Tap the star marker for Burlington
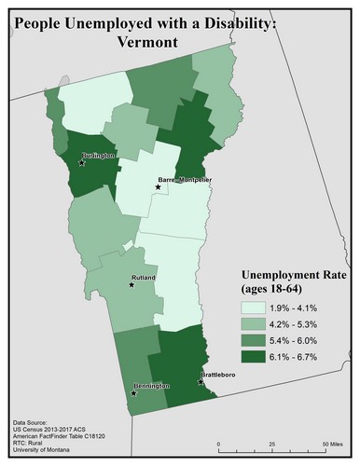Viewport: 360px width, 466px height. click(x=83, y=163)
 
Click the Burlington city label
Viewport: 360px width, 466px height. click(x=98, y=156)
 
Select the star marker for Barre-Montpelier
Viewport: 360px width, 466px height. click(x=158, y=187)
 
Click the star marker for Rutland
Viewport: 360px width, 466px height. click(x=131, y=285)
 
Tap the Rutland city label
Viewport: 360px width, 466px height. click(x=144, y=278)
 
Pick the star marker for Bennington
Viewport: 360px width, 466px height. click(x=134, y=392)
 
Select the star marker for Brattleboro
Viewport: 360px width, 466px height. click(x=201, y=381)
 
